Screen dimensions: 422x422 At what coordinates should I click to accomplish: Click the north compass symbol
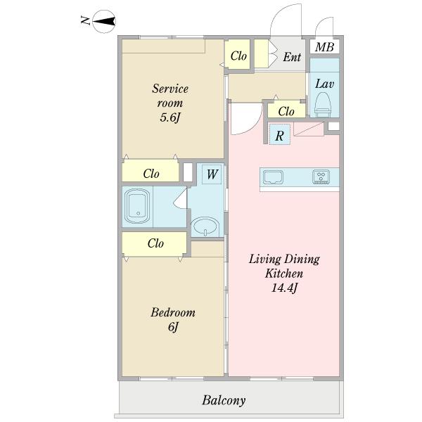(x=104, y=22)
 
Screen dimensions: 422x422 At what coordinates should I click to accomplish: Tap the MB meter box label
(x=324, y=47)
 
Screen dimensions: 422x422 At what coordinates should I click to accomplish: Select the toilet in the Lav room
(x=322, y=104)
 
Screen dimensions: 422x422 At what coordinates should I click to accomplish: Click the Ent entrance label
(x=292, y=57)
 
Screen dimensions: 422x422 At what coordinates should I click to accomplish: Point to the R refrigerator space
(x=280, y=134)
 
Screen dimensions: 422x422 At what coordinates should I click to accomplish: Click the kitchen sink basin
(x=273, y=177)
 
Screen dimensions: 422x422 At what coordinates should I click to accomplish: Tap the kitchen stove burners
(x=321, y=177)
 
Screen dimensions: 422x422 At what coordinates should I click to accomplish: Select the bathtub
(x=138, y=206)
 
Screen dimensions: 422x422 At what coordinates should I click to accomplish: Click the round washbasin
(x=205, y=227)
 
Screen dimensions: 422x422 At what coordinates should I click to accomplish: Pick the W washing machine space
(x=212, y=174)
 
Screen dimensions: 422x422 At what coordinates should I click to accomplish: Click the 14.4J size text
(x=284, y=288)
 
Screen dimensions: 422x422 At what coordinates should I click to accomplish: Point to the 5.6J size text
(x=170, y=117)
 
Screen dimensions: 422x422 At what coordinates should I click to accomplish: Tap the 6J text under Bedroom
(x=173, y=327)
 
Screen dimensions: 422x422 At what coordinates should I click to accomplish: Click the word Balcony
(x=224, y=400)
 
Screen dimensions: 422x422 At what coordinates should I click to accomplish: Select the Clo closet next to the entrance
(x=238, y=56)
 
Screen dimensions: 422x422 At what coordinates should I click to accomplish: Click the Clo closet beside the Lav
(x=286, y=111)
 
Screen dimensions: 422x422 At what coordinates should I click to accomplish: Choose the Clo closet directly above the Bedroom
(x=154, y=243)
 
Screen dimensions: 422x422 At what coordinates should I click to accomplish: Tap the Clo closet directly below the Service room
(x=151, y=172)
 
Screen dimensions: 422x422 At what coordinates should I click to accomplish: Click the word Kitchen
(x=284, y=274)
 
